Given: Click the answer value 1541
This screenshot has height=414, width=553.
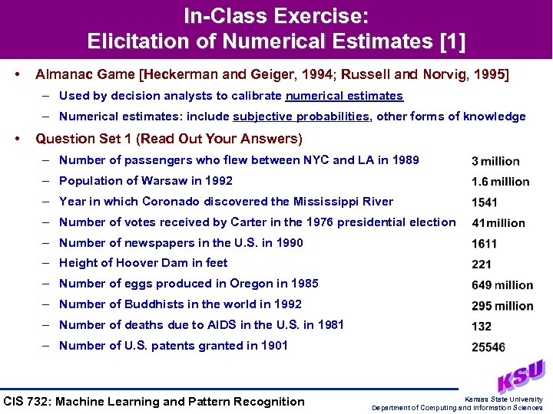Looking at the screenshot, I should [485, 202].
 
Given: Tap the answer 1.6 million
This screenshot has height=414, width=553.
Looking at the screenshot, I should [500, 182].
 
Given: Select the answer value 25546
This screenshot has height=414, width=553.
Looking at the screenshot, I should [488, 347].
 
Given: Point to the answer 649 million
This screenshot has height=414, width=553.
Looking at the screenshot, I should [502, 285].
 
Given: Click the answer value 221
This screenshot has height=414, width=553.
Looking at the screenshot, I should [482, 264].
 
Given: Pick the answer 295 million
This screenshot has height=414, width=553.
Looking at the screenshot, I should [502, 306].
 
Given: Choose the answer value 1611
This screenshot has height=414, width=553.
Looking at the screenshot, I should [485, 244].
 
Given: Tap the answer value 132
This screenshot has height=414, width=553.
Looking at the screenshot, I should [482, 327].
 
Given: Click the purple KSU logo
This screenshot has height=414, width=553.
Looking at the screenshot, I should [521, 375].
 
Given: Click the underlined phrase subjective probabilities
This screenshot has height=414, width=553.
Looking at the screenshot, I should [301, 117].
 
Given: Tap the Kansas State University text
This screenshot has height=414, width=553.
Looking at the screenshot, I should [504, 399].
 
